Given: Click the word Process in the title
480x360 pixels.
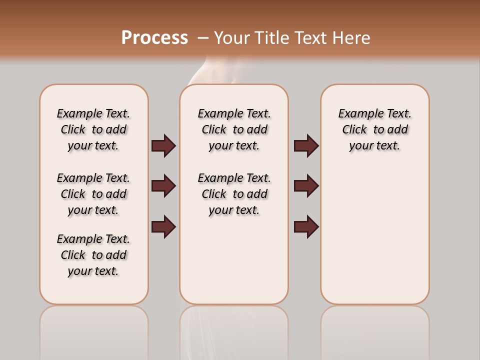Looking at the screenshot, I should click(x=154, y=38).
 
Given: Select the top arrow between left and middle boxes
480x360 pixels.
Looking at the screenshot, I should click(x=163, y=145).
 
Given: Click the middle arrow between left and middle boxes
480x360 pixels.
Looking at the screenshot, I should click(x=163, y=186).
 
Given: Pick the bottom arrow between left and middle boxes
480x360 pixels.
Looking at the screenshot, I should click(x=163, y=226).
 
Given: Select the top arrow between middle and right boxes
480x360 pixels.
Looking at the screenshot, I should click(x=306, y=145).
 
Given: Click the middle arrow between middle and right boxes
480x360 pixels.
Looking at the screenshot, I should click(x=306, y=186).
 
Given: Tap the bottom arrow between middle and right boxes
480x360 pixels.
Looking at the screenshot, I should click(x=306, y=226).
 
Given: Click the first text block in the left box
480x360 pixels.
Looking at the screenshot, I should click(x=93, y=129).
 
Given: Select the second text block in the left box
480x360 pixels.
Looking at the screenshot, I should click(x=93, y=194).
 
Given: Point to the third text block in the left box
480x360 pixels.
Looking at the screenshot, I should click(x=93, y=255).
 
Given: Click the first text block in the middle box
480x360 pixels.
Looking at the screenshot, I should click(x=234, y=129).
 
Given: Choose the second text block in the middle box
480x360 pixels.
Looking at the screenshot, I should click(x=234, y=194).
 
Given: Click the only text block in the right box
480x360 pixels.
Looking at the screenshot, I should click(x=374, y=129).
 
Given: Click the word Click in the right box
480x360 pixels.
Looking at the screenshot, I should click(x=354, y=129).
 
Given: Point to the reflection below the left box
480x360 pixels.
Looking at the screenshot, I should click(x=93, y=330).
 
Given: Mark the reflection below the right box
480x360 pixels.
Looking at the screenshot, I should click(x=374, y=330).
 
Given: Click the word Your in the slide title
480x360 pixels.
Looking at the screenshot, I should click(x=232, y=38).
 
